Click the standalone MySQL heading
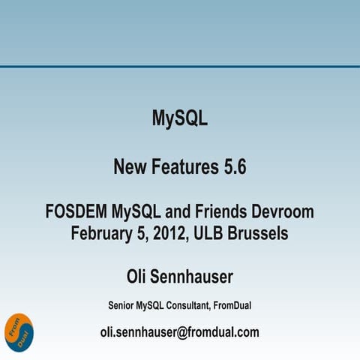179,118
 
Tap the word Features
184,167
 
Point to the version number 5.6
234,167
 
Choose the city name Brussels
259,233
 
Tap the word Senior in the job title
121,305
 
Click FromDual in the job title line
236,305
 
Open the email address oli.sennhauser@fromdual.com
179,332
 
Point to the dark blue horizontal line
179,67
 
